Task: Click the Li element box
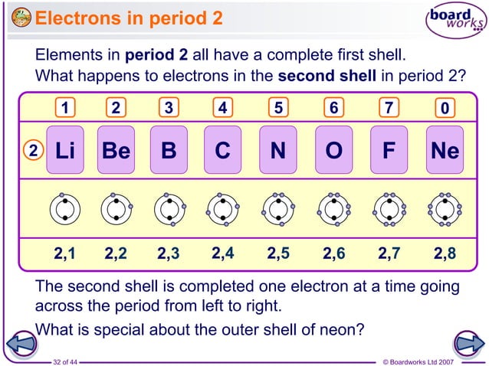point(64,150)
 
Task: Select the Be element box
point(116,150)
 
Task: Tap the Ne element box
point(445,150)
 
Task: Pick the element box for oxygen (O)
point(333,150)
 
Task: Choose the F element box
point(389,150)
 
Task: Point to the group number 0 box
point(445,109)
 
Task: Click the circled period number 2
point(32,151)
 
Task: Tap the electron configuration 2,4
point(223,253)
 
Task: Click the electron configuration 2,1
point(64,253)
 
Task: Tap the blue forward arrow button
point(467,342)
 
